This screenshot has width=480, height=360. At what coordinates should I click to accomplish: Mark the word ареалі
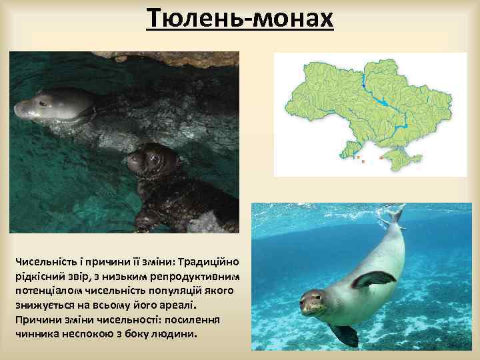pyautogui.click(x=178, y=305)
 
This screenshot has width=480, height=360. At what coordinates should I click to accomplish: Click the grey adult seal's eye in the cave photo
pyautogui.click(x=44, y=103)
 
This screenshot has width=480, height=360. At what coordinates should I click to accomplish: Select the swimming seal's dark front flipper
pyautogui.click(x=373, y=279)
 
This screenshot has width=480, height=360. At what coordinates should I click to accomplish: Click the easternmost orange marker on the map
pyautogui.click(x=381, y=158)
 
